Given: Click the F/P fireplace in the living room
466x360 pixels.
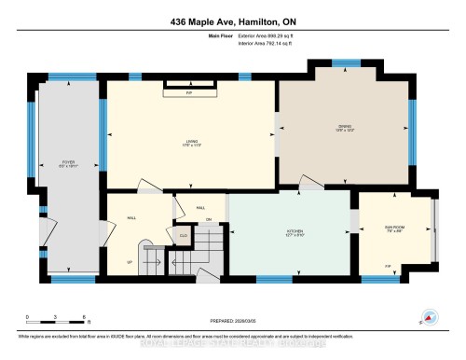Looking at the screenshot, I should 189,90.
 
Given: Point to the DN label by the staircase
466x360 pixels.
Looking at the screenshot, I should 210,219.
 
